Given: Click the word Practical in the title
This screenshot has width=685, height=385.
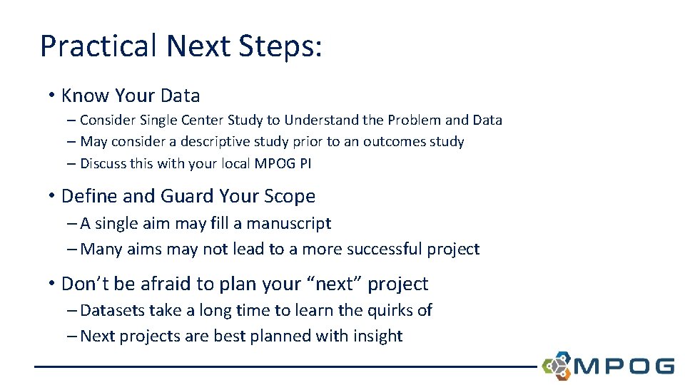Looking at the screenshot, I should click(x=98, y=46).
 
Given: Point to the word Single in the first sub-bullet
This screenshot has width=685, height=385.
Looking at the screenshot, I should click(x=160, y=120).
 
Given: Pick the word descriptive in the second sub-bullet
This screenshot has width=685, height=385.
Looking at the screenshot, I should click(x=225, y=141).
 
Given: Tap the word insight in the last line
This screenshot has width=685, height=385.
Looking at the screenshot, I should click(x=376, y=336).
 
